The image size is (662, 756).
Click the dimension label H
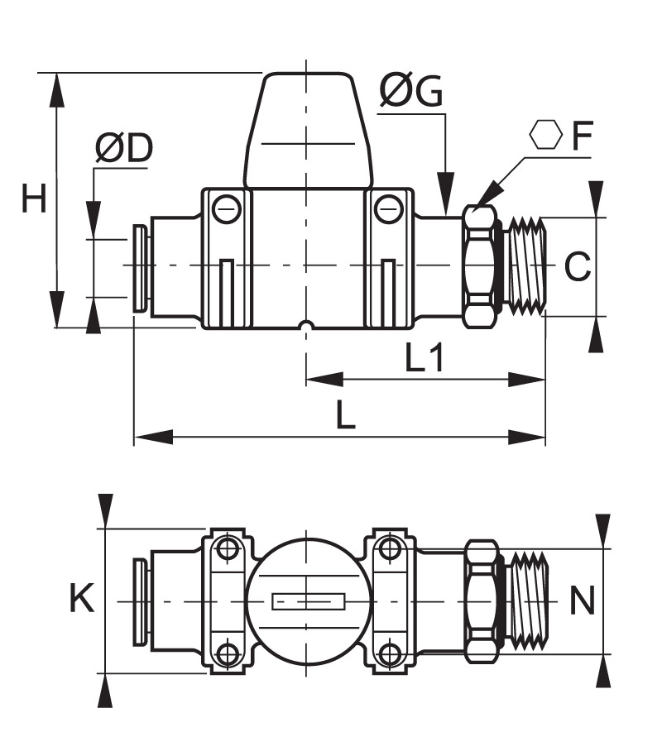click(34, 199)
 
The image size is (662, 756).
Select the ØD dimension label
click(124, 148)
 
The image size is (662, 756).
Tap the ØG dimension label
click(410, 90)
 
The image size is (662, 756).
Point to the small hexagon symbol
click(545, 135)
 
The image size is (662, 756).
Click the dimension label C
click(577, 266)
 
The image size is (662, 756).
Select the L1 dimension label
click(424, 358)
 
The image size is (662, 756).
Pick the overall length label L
click(345, 414)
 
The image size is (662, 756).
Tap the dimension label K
click(82, 598)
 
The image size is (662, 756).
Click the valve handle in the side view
click(308, 130)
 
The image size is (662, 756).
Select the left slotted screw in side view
click(226, 208)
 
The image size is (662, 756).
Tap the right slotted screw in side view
click(388, 208)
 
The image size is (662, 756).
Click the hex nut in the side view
click(481, 266)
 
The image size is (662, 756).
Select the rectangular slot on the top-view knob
click(309, 601)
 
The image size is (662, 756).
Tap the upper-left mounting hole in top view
click(226, 548)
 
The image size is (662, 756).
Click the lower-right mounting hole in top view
click(388, 654)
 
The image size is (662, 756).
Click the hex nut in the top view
click(482, 601)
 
